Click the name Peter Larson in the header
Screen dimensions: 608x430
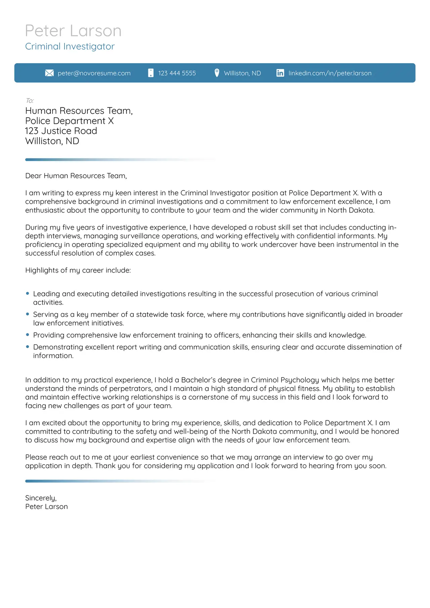[73, 31]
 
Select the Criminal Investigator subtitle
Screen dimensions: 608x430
[70, 46]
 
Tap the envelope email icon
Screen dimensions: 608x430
[49, 73]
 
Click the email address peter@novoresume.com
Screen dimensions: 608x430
[94, 73]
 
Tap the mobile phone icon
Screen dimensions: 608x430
[151, 73]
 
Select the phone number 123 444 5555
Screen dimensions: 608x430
[177, 73]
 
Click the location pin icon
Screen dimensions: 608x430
[217, 73]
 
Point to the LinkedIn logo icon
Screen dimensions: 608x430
[280, 73]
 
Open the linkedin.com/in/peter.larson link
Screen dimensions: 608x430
[330, 73]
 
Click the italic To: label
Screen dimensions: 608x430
[30, 100]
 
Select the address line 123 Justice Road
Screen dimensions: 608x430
[61, 131]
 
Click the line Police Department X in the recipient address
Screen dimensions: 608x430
[70, 121]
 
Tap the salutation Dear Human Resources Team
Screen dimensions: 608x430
[76, 176]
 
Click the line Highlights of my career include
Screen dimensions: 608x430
[78, 270]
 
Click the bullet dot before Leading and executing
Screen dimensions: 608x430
[28, 293]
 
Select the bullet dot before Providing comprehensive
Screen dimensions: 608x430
[28, 335]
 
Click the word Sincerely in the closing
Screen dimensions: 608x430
[41, 498]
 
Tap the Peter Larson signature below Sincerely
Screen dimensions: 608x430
[46, 507]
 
